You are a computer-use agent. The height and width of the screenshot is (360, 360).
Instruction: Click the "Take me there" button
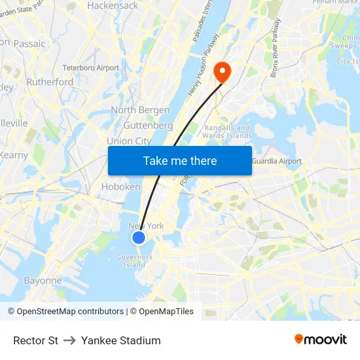tap(180, 160)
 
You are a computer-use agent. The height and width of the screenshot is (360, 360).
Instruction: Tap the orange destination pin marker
tap(223, 72)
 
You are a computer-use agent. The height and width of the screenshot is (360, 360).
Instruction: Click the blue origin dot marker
tap(139, 238)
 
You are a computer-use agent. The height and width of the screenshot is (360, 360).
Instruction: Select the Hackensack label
tap(113, 5)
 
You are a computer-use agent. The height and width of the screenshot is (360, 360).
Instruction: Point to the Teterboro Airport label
tap(91, 67)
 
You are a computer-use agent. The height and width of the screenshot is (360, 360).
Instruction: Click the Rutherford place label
tap(50, 82)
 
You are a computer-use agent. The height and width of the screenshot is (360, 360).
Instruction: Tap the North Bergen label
tap(132, 110)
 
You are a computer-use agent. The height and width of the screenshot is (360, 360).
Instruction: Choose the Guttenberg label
tap(148, 125)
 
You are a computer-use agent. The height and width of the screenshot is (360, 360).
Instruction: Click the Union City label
tap(129, 141)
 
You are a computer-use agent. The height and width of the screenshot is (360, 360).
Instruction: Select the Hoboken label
tap(120, 187)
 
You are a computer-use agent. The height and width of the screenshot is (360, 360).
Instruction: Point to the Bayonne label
tap(43, 281)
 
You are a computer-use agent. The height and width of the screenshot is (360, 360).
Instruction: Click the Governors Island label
tap(134, 261)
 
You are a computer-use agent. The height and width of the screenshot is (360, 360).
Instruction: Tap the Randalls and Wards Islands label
tap(228, 132)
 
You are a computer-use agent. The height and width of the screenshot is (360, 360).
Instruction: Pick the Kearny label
tap(14, 155)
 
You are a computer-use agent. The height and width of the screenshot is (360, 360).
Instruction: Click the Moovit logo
tap(321, 340)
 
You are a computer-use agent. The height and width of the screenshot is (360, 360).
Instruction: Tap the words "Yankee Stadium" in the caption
tap(121, 340)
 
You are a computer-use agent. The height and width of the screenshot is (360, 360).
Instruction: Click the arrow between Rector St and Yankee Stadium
tap(69, 340)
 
